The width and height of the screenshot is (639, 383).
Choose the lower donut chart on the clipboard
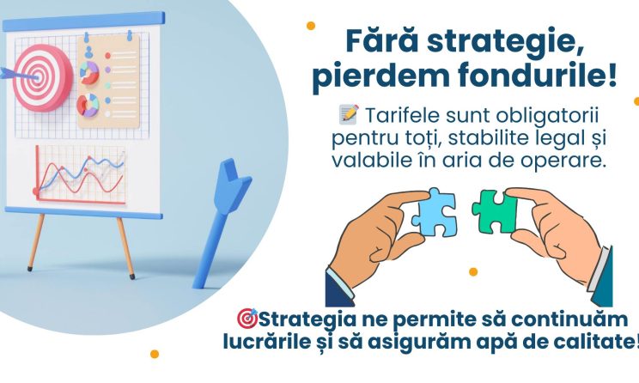(x=88, y=105)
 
